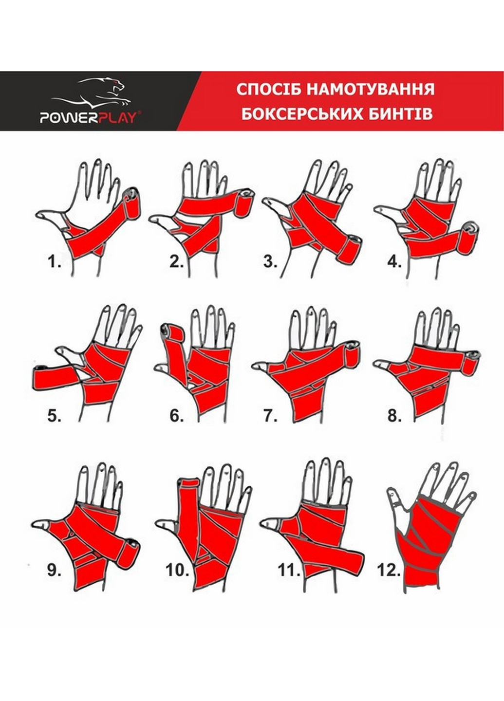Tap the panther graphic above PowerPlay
[x=102, y=92]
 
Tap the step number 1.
[x=54, y=262]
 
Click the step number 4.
[x=393, y=262]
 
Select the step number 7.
[x=270, y=416]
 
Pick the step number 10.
[x=177, y=570]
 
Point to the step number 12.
[x=388, y=570]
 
